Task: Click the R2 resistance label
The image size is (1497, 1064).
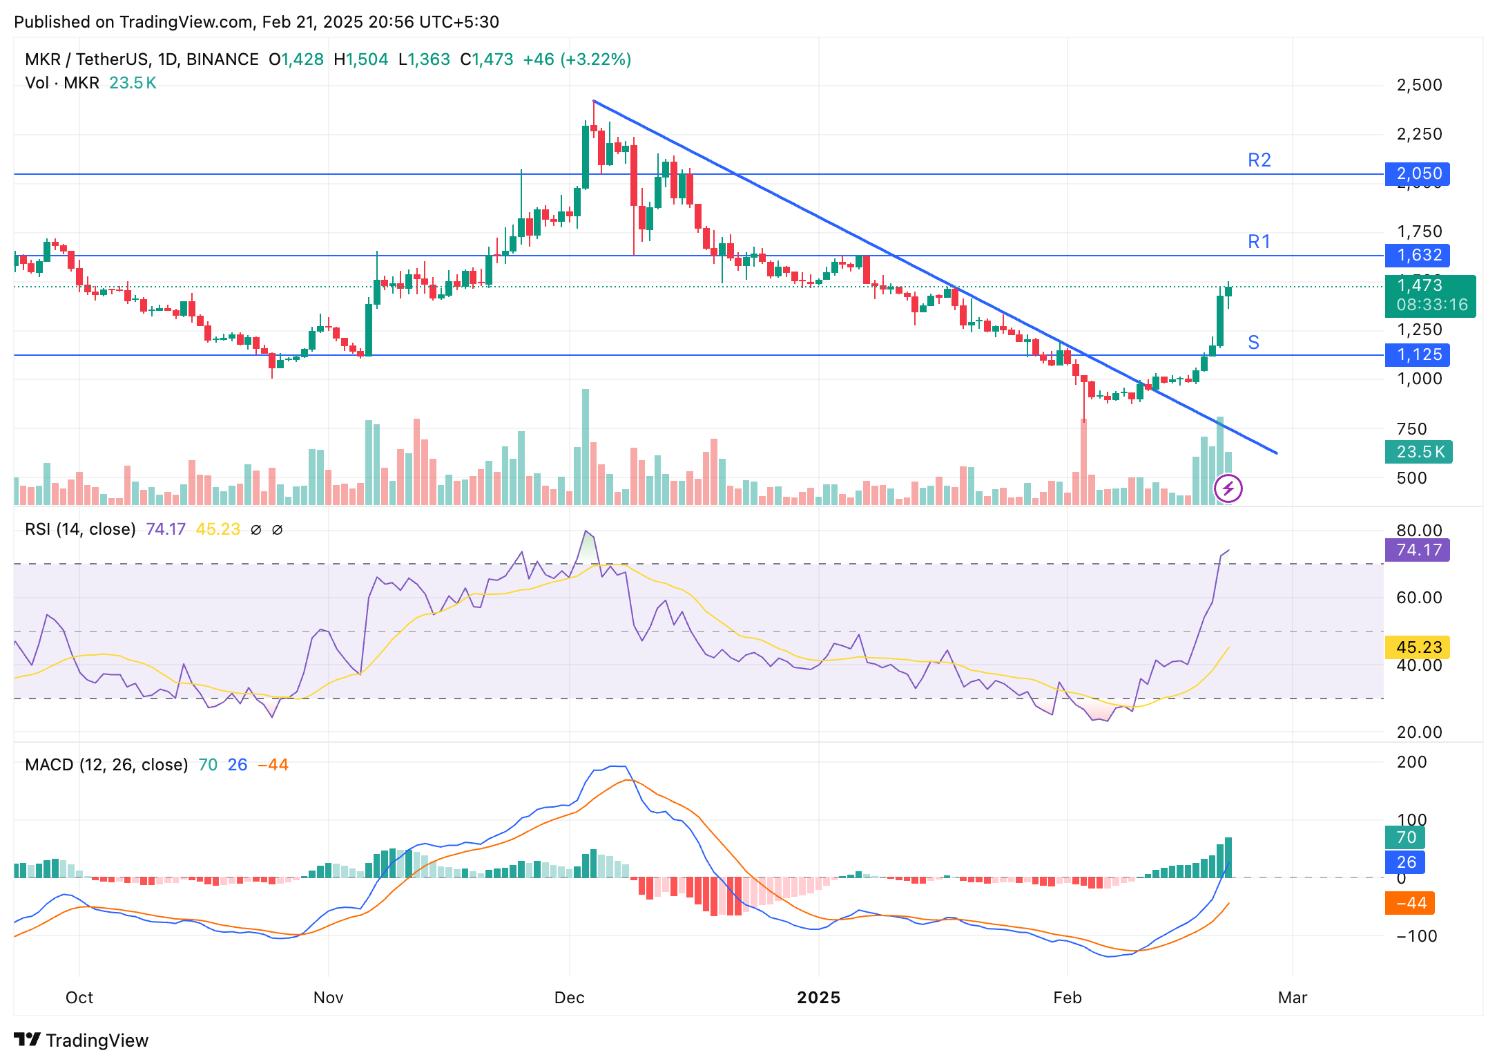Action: pyautogui.click(x=1259, y=160)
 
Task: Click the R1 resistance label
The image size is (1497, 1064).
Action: pyautogui.click(x=1259, y=242)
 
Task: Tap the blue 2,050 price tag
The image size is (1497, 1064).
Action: pyautogui.click(x=1418, y=173)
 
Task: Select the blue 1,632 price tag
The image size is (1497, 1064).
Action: pyautogui.click(x=1418, y=255)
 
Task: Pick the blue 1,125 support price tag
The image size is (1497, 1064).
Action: pyautogui.click(x=1418, y=354)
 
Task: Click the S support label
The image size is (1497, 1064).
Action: pyautogui.click(x=1253, y=343)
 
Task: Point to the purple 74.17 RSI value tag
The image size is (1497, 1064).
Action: pyautogui.click(x=1418, y=550)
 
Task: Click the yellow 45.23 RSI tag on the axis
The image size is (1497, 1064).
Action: pyautogui.click(x=1418, y=647)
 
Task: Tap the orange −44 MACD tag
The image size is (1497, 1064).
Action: pyautogui.click(x=1409, y=903)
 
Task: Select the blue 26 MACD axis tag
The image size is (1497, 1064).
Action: pyautogui.click(x=1405, y=862)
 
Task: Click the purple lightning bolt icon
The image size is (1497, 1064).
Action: pyautogui.click(x=1228, y=489)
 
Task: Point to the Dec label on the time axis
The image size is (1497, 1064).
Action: pyautogui.click(x=570, y=998)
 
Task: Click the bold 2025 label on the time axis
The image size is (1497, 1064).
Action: pyautogui.click(x=818, y=998)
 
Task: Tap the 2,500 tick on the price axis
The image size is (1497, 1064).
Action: pyautogui.click(x=1419, y=85)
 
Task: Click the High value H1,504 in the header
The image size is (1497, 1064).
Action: pyautogui.click(x=360, y=59)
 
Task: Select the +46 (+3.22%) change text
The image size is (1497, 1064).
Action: pyautogui.click(x=577, y=59)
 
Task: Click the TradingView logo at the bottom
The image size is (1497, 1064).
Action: pyautogui.click(x=81, y=1040)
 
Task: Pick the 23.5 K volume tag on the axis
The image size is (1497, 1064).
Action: pyautogui.click(x=1419, y=452)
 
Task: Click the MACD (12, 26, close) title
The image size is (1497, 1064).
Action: pyautogui.click(x=106, y=765)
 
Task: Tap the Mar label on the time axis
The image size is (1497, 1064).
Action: pyautogui.click(x=1292, y=998)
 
